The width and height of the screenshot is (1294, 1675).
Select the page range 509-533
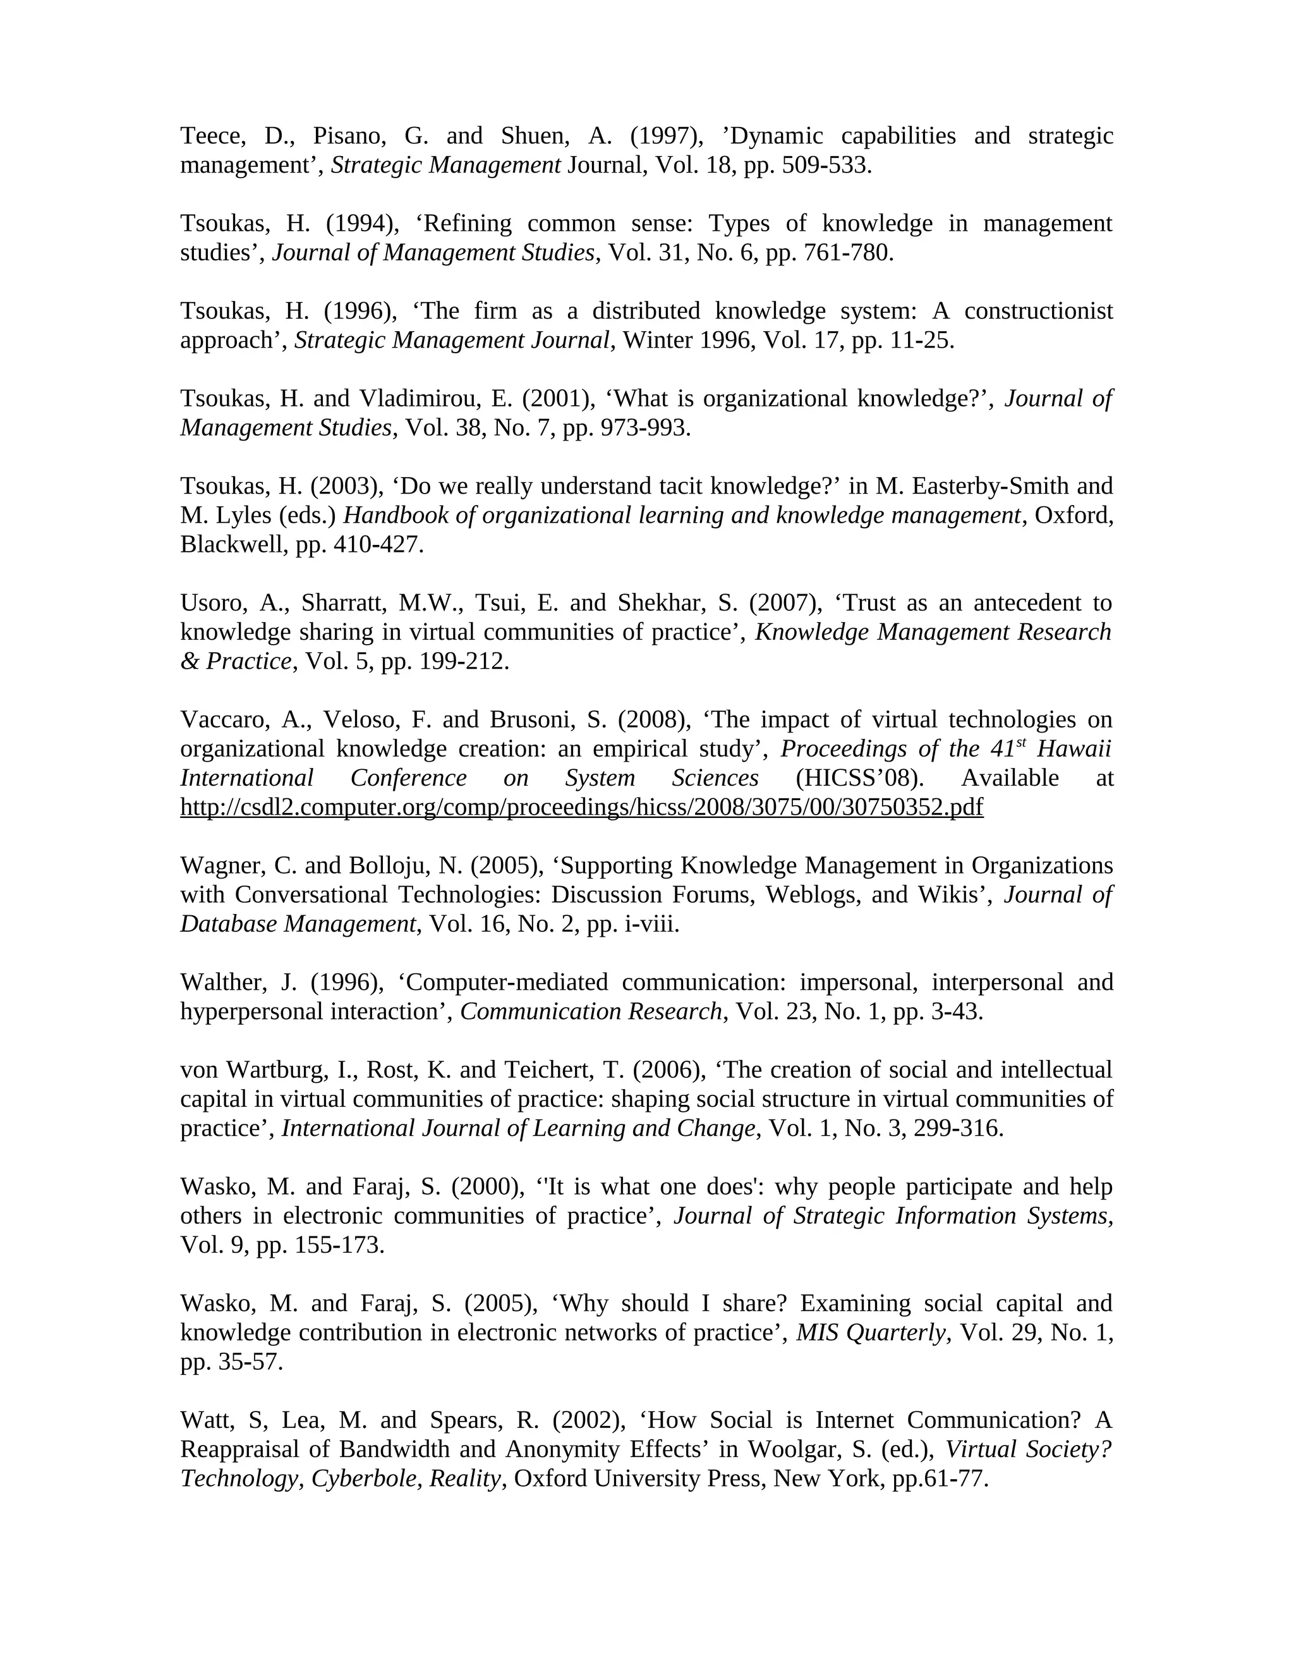pyautogui.click(x=826, y=166)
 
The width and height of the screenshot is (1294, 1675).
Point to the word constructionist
pyautogui.click(x=1038, y=312)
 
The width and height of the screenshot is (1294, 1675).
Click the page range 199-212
pyautogui.click(x=463, y=661)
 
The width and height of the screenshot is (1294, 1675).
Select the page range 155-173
pyautogui.click(x=338, y=1245)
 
